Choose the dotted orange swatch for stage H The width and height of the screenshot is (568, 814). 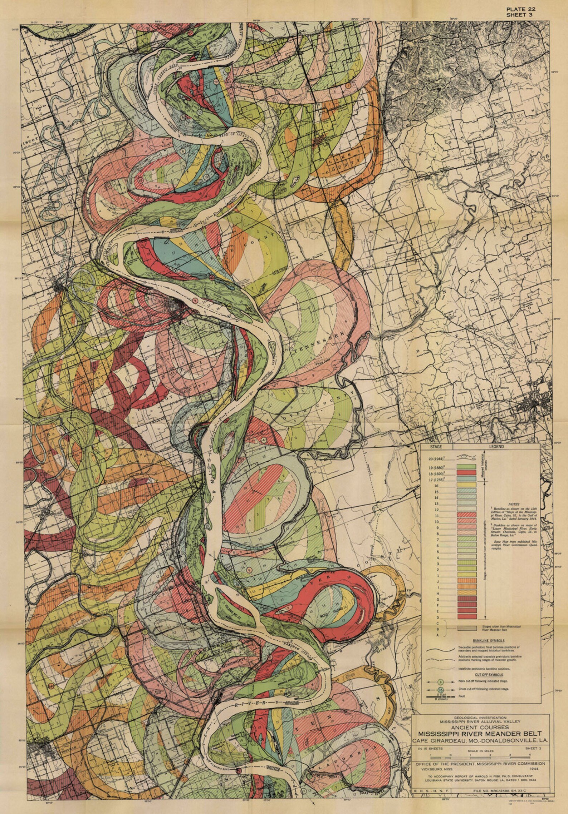point(466,592)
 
